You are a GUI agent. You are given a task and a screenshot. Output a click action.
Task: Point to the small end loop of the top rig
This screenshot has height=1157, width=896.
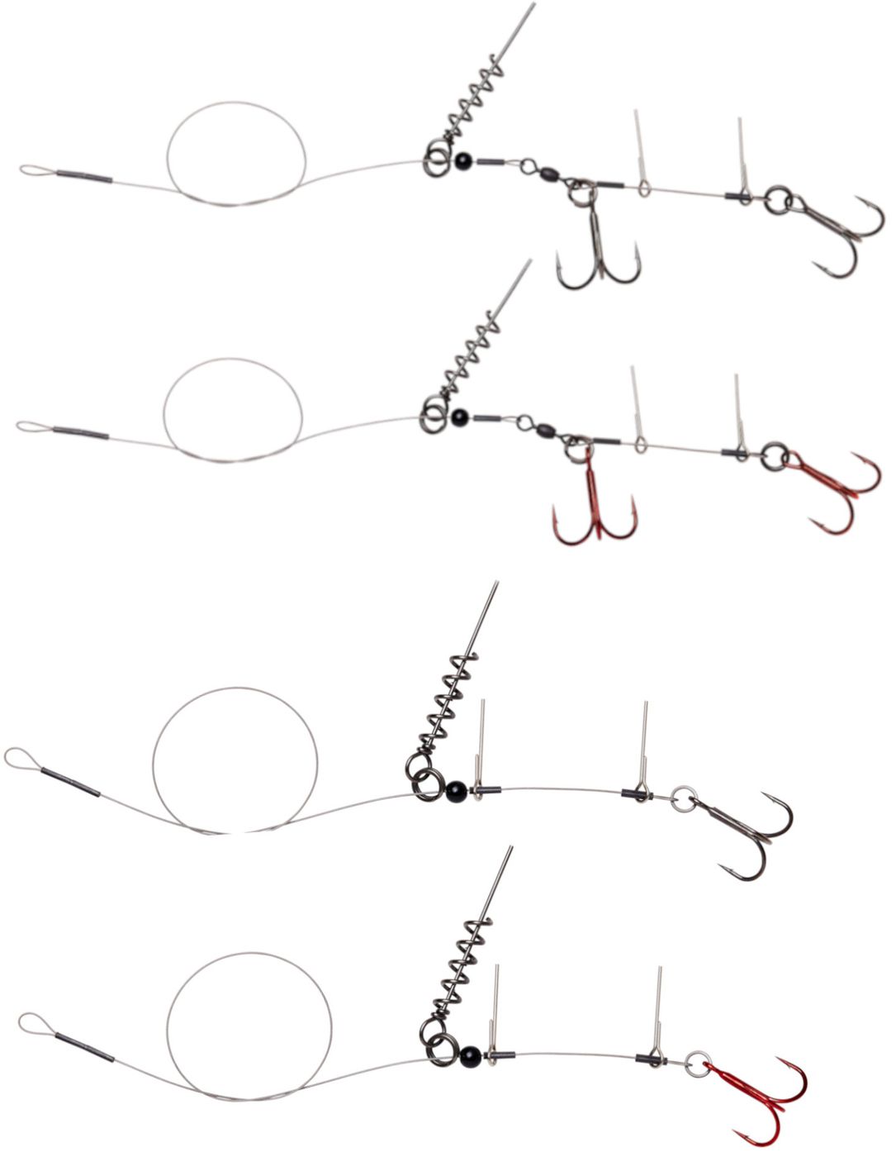tap(35, 171)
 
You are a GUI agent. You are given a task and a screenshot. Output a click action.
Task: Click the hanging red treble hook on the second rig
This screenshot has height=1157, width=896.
tap(595, 504)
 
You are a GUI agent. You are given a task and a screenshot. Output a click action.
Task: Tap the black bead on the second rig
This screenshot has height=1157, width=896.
tap(459, 415)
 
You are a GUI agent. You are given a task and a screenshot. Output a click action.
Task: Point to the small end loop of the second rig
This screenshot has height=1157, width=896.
tap(31, 426)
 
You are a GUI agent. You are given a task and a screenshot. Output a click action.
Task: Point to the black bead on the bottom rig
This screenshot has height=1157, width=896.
tap(470, 1053)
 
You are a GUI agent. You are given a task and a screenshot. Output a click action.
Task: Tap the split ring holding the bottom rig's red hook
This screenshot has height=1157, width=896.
tap(699, 1060)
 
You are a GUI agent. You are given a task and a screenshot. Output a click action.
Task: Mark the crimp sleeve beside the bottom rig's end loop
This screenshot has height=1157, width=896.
tap(85, 1044)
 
